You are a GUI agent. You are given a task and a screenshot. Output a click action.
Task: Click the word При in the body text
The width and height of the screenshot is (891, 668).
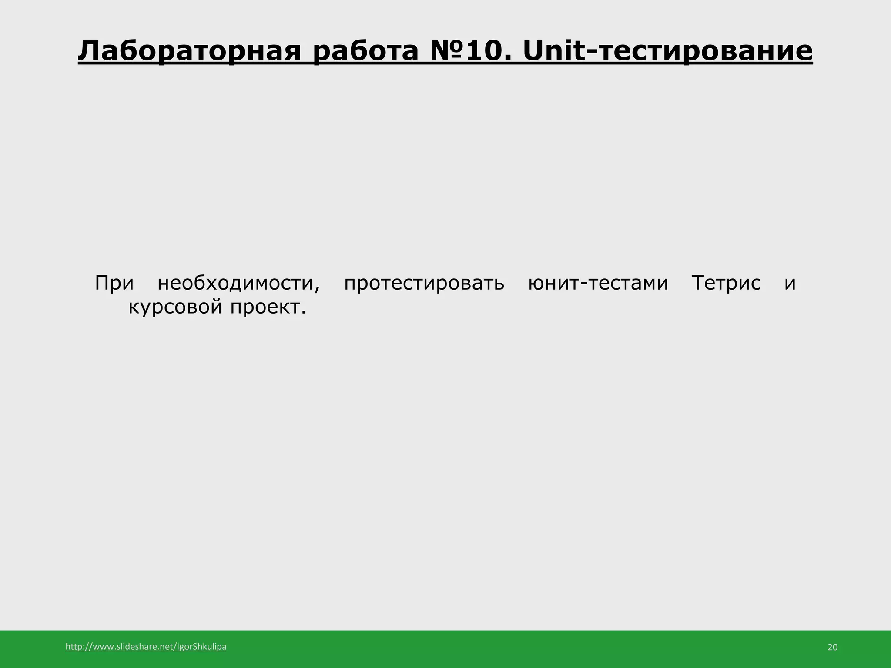[114, 283]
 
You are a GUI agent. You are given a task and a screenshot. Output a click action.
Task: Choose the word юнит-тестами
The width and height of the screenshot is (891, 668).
[598, 283]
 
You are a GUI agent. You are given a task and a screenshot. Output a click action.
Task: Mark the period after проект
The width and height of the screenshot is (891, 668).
[304, 312]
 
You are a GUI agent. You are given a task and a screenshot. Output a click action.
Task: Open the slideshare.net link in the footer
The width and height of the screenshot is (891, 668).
[146, 647]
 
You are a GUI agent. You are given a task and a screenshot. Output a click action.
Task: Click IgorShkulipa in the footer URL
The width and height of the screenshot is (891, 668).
[202, 647]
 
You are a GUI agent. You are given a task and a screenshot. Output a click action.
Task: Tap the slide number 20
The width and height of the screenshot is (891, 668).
[832, 647]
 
